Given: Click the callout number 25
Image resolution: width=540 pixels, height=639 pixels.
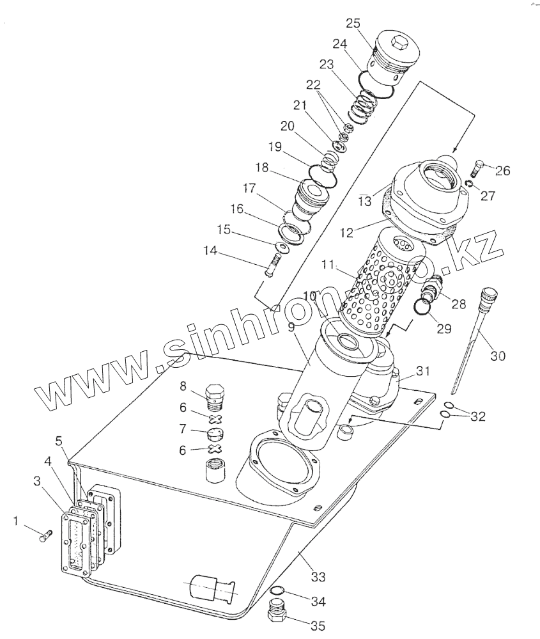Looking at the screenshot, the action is (x=353, y=23).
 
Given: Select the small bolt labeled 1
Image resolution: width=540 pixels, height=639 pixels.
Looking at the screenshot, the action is (x=45, y=536).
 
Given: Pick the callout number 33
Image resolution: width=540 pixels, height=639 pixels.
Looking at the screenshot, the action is (x=318, y=577).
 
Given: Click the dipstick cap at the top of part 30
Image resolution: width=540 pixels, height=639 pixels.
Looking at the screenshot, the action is (x=488, y=294).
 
